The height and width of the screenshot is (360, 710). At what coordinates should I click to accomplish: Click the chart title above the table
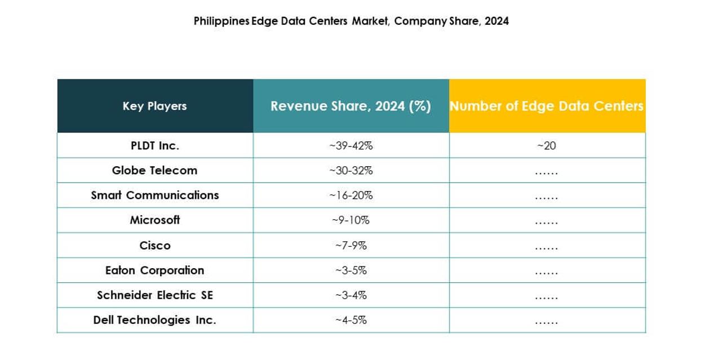(x=351, y=21)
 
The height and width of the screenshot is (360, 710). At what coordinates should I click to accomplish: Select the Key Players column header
(x=154, y=106)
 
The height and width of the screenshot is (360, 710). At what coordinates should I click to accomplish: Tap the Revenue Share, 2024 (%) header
(x=350, y=106)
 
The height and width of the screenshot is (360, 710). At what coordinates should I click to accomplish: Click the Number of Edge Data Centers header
(x=547, y=106)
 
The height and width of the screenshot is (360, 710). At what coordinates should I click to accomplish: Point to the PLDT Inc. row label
(x=154, y=145)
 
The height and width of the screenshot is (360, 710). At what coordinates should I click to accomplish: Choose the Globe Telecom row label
(x=154, y=170)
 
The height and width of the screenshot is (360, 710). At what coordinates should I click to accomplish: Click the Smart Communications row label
(x=154, y=195)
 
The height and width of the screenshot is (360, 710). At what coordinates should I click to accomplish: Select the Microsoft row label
(x=154, y=220)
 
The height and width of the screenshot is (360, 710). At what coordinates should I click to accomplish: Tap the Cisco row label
(x=154, y=245)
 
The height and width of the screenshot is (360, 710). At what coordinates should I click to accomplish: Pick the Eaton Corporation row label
(x=154, y=270)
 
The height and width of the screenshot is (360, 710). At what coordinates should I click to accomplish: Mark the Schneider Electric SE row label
(x=154, y=295)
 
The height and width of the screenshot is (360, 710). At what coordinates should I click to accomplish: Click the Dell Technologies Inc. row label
(x=154, y=319)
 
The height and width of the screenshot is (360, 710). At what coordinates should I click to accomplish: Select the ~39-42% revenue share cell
(x=350, y=145)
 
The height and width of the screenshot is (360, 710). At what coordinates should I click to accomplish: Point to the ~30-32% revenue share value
(x=350, y=170)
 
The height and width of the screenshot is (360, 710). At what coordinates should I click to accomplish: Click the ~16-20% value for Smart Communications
(x=350, y=195)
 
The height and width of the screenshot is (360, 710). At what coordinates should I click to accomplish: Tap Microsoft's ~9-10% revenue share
(x=350, y=220)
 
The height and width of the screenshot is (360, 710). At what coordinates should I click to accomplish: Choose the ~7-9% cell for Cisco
(x=350, y=245)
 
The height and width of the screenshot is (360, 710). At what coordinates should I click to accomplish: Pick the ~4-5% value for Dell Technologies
(x=350, y=319)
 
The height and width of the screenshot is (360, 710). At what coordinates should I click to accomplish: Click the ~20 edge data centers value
(x=546, y=145)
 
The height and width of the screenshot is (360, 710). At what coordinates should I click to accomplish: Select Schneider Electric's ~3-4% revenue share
(x=350, y=295)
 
